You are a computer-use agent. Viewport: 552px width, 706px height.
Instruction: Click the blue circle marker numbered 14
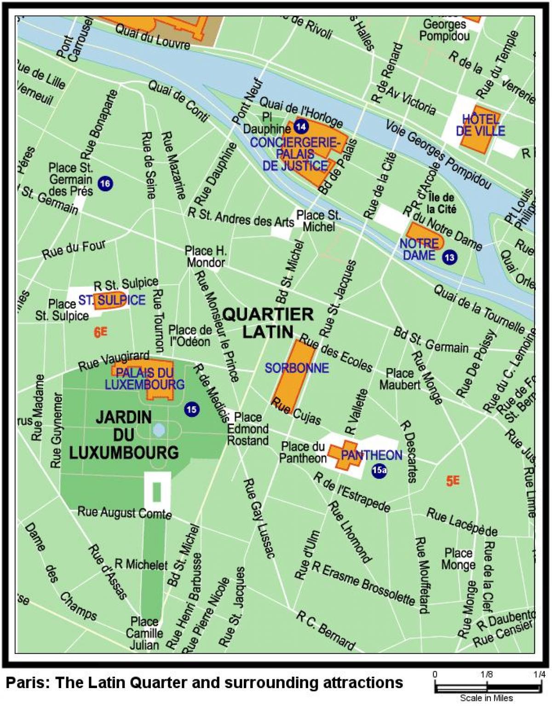[x=301, y=126]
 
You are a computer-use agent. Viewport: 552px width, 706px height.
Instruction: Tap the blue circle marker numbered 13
[x=449, y=257]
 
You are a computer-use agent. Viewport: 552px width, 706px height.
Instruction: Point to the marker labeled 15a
[x=379, y=470]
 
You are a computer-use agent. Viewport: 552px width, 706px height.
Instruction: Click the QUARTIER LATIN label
[x=268, y=323]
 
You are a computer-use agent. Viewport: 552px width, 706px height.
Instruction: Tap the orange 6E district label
[x=100, y=332]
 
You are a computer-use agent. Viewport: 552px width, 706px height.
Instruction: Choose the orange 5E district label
[x=453, y=480]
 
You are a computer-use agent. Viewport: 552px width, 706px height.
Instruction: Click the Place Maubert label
[x=399, y=379]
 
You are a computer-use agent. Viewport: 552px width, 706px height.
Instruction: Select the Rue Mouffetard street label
[x=422, y=575]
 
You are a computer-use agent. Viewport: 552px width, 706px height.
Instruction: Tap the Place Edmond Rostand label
[x=248, y=429]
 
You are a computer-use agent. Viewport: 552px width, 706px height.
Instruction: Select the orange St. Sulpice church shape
[x=110, y=299]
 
